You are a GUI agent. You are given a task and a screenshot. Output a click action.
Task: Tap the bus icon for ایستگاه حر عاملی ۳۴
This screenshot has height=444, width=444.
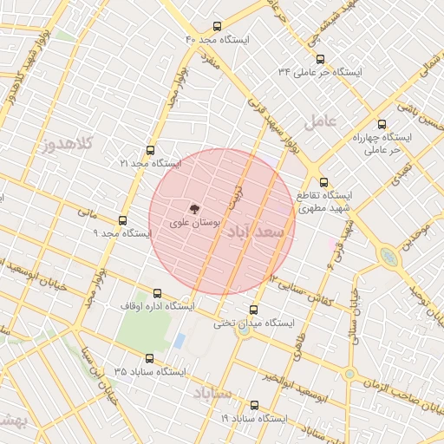[x=321, y=60]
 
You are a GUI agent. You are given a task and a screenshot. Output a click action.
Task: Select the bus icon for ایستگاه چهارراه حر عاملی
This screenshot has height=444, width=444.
[x=382, y=124]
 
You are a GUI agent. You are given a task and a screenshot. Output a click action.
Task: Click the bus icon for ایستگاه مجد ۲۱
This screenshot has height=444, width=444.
[x=151, y=150]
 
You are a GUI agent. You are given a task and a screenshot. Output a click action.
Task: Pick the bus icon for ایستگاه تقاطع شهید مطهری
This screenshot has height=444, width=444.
[x=324, y=183]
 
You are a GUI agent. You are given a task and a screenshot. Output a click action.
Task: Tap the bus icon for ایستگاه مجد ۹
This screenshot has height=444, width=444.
[x=121, y=220]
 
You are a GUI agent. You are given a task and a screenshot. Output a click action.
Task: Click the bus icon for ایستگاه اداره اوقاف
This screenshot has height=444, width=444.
[x=157, y=293]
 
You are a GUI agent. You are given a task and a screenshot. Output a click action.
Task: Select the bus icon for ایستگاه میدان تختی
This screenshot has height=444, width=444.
[x=253, y=310]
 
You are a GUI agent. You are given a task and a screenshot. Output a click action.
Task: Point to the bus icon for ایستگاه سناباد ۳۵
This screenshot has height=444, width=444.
[x=149, y=358]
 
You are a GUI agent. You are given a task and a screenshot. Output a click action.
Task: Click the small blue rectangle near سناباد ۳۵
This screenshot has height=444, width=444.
[x=179, y=341]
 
